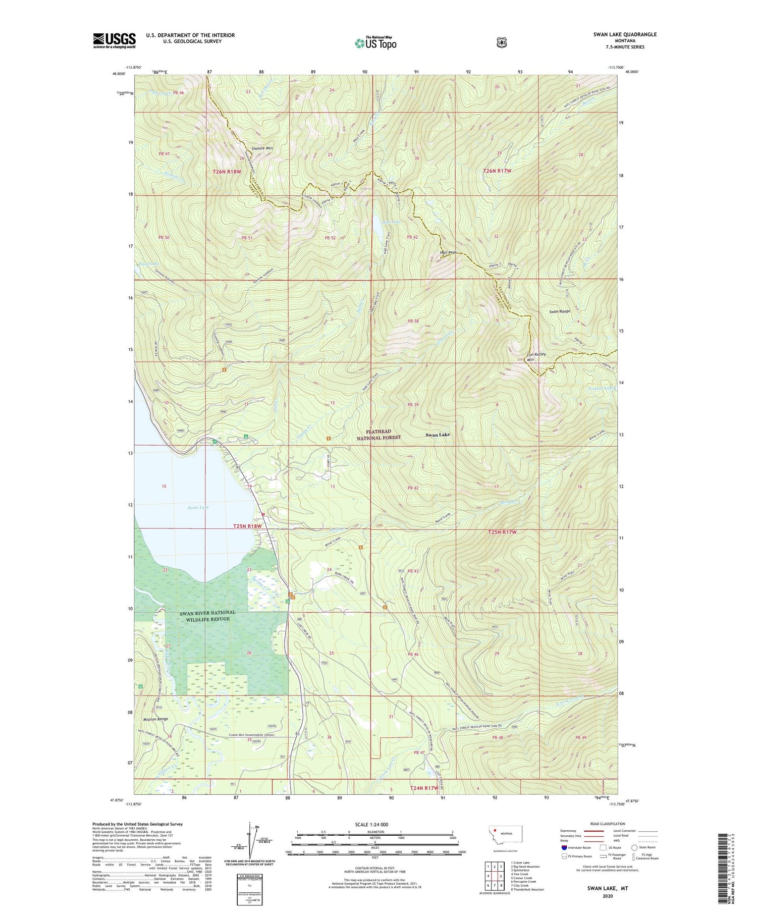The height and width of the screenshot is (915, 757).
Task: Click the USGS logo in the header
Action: pyautogui.click(x=114, y=40)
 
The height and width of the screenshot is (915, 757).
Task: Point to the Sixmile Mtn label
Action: pyautogui.click(x=262, y=148)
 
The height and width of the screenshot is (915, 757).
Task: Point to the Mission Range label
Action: pyautogui.click(x=156, y=719)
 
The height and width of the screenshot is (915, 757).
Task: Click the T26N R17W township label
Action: pyautogui.click(x=497, y=171)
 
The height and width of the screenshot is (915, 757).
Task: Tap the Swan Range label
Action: pyautogui.click(x=559, y=311)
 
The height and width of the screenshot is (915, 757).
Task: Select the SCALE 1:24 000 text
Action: pyautogui.click(x=371, y=824)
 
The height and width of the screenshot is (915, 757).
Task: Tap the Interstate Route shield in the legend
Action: pyautogui.click(x=564, y=847)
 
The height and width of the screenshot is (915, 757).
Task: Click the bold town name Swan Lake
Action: pyautogui.click(x=438, y=435)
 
